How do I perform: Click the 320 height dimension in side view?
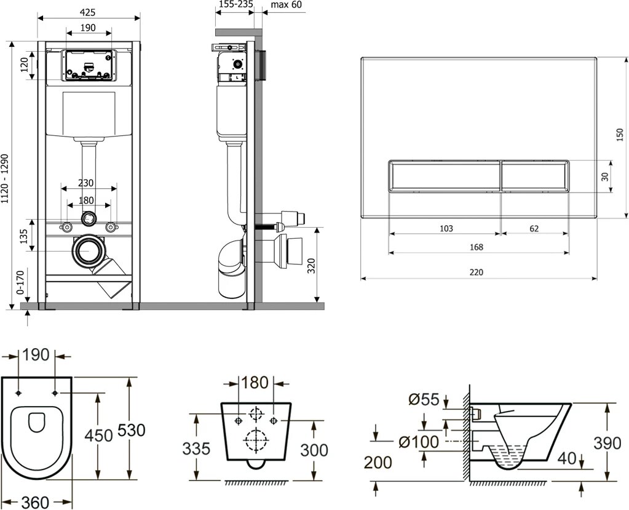pos(311,266)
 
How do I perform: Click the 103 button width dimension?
pos(446,228)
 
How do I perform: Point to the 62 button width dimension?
pos(534,228)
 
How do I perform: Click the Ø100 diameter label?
pos(417,442)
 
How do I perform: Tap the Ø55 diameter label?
pos(424,400)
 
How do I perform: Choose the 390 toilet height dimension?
pos(609,443)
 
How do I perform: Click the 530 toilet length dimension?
pos(130,431)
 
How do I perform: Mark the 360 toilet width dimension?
pos(36,501)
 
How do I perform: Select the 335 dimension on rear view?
pos(197,448)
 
